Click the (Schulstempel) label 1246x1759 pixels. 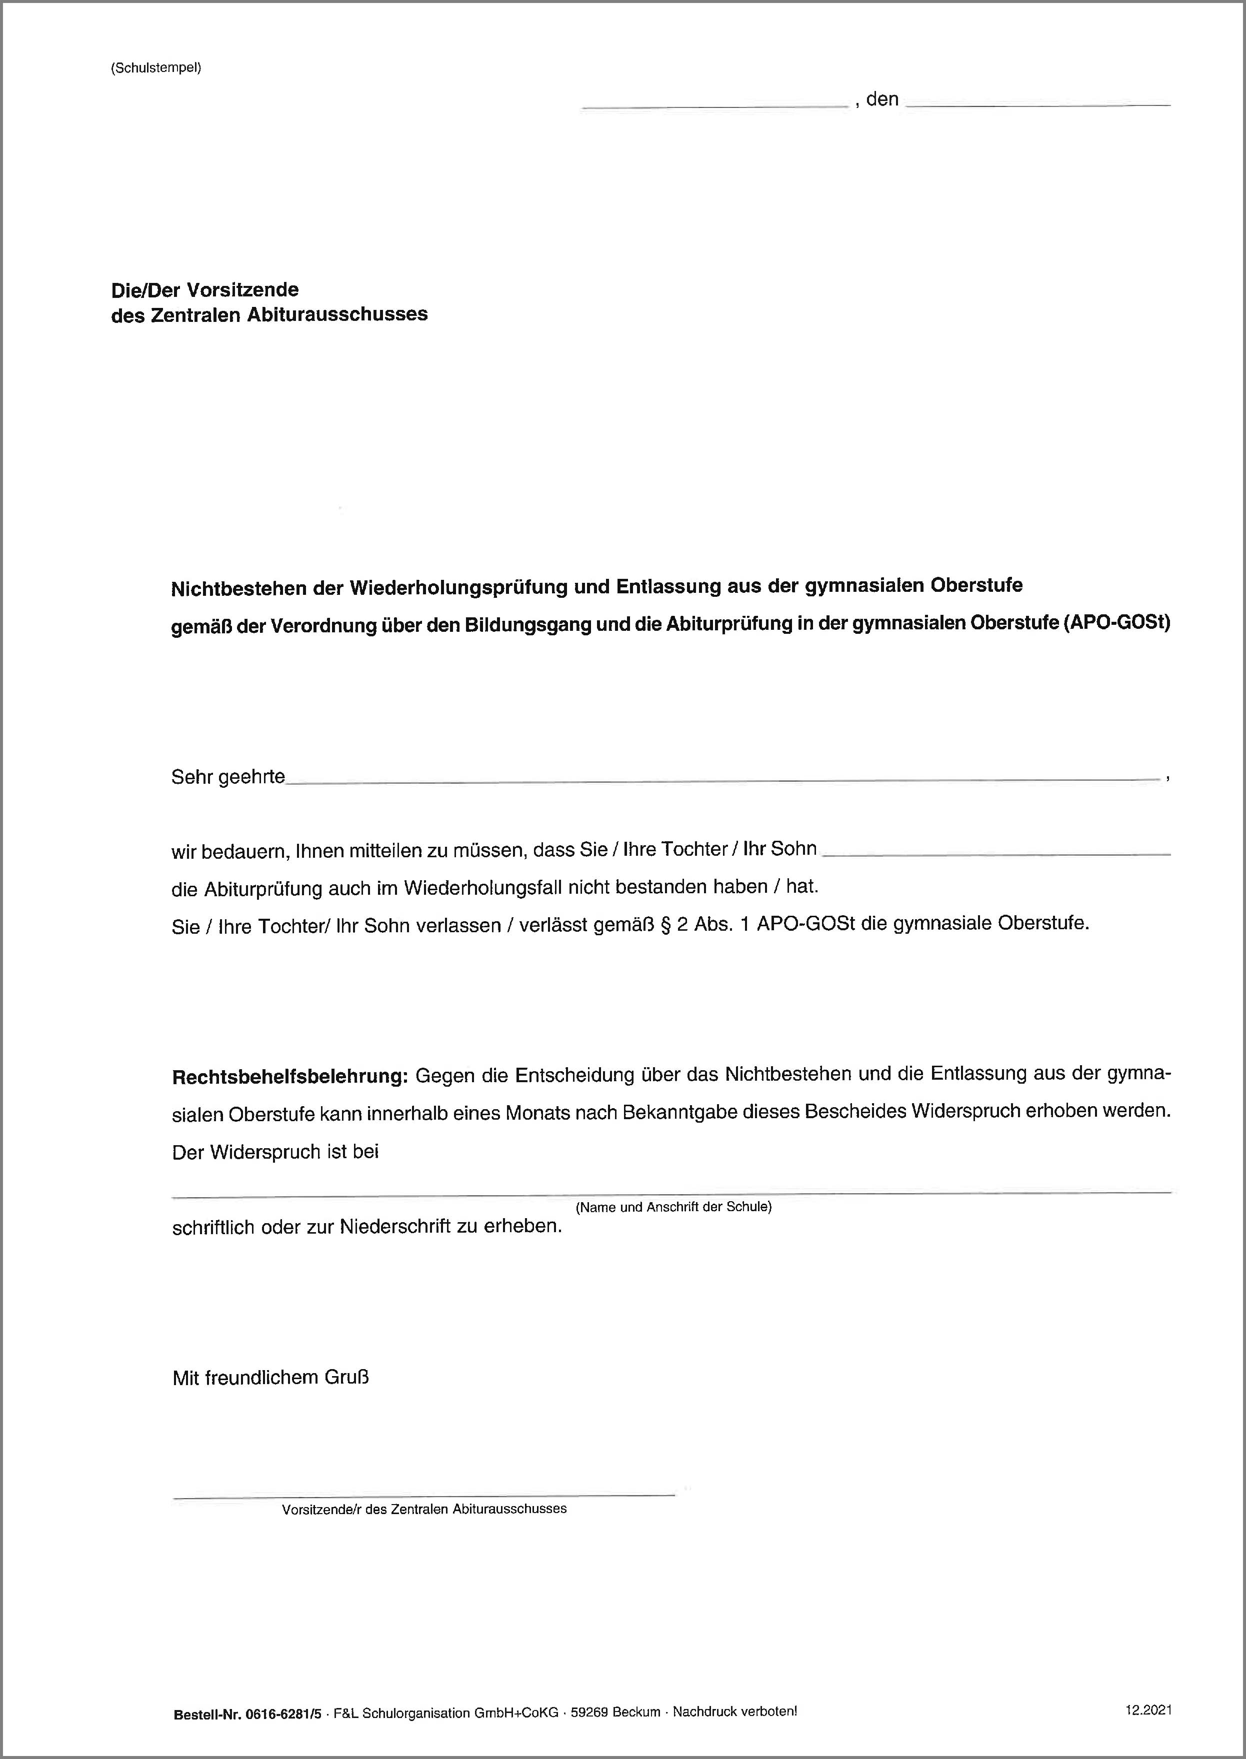156,67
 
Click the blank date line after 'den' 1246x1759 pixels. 1038,103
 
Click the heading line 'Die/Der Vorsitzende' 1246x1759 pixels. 205,290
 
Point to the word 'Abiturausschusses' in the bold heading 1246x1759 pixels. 337,314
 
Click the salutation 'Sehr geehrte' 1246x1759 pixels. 228,777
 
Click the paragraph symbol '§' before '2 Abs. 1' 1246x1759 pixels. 665,924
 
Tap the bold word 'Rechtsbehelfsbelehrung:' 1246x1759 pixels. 289,1076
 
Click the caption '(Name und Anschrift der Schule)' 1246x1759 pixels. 673,1207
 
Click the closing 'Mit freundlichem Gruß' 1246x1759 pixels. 271,1378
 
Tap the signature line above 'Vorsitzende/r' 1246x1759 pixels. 423,1495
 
